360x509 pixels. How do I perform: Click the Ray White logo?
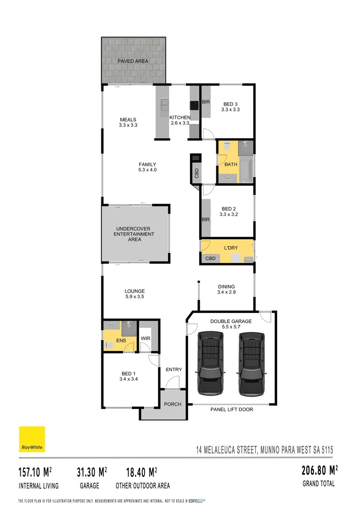32,439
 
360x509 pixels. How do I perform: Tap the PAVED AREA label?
133,61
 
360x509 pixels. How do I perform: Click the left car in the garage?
210,363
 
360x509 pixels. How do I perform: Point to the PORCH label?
172,404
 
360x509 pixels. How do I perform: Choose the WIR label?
145,339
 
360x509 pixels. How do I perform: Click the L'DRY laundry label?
230,247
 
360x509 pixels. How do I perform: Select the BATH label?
231,164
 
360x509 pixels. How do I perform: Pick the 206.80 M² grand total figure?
319,470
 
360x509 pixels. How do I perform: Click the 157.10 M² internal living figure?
35,472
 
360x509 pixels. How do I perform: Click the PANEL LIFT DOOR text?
231,410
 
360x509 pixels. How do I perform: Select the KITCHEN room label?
180,117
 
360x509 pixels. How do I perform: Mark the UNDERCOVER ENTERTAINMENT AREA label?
135,234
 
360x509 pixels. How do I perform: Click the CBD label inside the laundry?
211,258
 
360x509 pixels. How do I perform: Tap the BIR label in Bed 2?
205,220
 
